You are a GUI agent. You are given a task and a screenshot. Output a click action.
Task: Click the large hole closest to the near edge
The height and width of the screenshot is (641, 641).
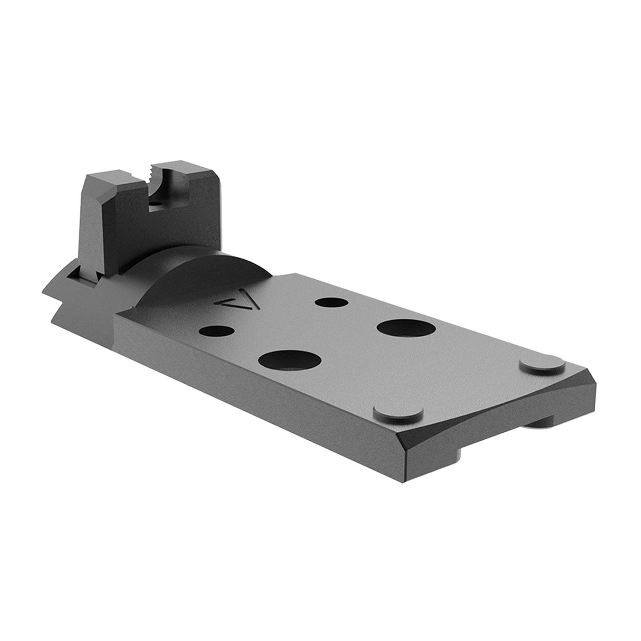290,362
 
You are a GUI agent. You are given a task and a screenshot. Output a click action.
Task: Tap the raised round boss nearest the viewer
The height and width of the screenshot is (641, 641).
397,414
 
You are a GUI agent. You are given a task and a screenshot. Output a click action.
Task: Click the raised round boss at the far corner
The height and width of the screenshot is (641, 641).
542,365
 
